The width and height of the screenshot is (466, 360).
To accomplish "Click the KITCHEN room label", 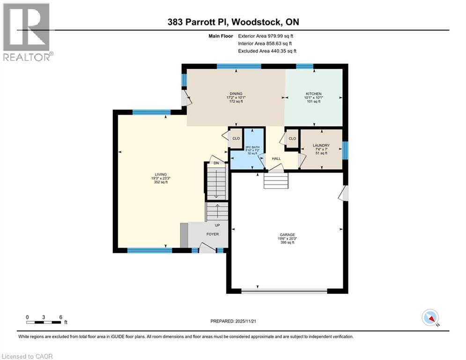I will point(314,94).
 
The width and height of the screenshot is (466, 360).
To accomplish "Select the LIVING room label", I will point(163,174).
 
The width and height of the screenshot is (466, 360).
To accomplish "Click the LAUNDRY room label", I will point(321,145).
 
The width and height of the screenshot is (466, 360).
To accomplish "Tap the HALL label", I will point(276,159).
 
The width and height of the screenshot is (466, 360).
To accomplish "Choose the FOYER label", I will point(213,234).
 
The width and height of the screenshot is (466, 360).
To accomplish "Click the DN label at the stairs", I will point(216,163).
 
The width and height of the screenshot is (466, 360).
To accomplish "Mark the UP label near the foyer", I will point(217,225).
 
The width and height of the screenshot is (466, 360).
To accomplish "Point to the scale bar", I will point(44,322).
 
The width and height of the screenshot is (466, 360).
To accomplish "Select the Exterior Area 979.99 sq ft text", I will point(266,36).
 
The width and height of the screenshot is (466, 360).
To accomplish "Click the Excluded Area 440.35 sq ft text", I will point(267,51).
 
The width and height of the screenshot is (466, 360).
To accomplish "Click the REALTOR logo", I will point(27,32).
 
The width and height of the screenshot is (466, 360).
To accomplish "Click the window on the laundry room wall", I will point(346,150).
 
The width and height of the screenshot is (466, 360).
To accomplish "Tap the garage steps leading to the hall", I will point(276,180).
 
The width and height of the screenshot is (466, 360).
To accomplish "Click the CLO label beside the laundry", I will point(292,139).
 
